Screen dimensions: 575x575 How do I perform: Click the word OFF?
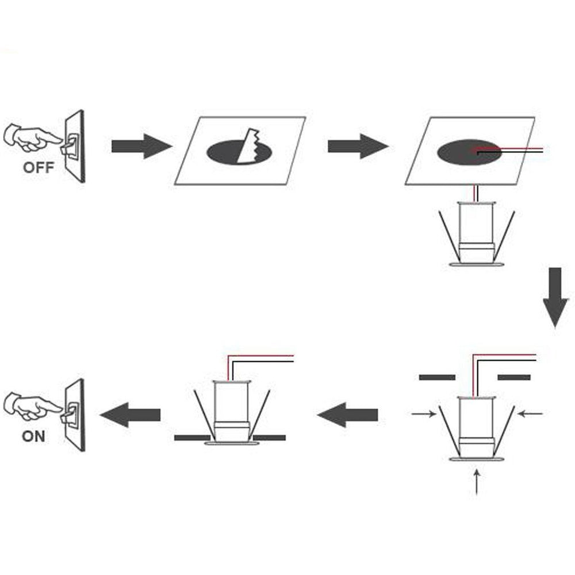tap(38, 168)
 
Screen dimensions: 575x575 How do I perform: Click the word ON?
tap(33, 436)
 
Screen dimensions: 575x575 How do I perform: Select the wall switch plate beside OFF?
tap(75, 146)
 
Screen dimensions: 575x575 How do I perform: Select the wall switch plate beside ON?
tap(75, 415)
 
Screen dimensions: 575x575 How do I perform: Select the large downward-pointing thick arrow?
tap(555, 297)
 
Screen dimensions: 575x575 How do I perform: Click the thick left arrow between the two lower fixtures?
tap(347, 415)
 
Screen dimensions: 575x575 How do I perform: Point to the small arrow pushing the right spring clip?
tap(530, 413)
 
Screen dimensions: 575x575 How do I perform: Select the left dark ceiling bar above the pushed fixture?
tap(436, 377)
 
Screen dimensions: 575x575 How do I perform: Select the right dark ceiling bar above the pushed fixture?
tap(513, 377)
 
